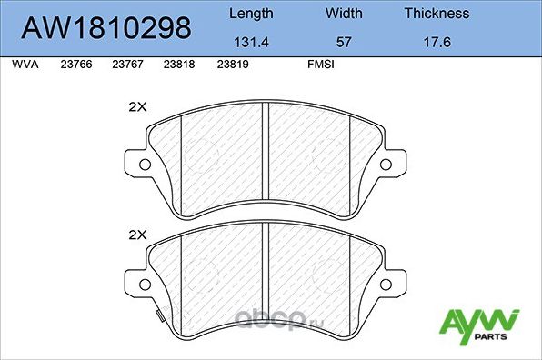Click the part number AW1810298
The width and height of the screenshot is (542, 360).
[x=106, y=27]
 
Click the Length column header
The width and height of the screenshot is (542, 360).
[x=251, y=14]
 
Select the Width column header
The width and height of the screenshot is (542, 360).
[x=344, y=14]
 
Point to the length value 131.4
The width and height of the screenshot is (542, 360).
[x=251, y=42]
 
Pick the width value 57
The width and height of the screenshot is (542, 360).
[x=344, y=42]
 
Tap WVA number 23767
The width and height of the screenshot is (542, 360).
[x=126, y=65]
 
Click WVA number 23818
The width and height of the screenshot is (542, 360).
[x=179, y=65]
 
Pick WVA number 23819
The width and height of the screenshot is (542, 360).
[x=232, y=65]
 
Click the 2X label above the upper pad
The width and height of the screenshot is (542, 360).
[x=137, y=106]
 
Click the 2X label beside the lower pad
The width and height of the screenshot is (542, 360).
[x=137, y=235]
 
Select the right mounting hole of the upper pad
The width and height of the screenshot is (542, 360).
[x=387, y=165]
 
